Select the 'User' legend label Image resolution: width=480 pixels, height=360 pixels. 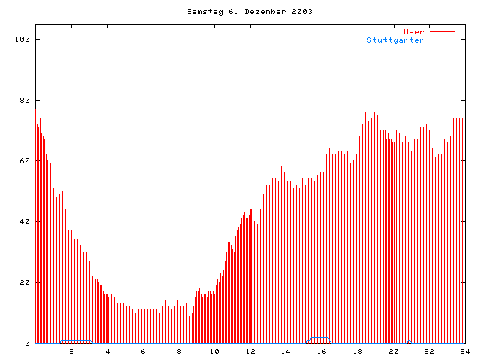[414, 31]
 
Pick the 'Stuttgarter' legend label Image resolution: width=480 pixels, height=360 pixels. [395, 40]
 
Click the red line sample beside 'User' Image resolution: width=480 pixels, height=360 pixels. [442, 31]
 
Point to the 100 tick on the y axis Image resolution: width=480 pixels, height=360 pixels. [25, 39]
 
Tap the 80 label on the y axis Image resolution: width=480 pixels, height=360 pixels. [26, 100]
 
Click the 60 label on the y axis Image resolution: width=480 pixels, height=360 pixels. [26, 160]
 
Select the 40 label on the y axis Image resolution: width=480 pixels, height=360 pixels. [26, 221]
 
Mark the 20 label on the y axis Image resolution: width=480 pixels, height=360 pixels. [26, 282]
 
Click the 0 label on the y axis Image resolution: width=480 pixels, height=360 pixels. [28, 343]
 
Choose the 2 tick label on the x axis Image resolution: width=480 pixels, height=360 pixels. [72, 351]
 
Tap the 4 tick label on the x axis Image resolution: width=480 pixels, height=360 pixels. [107, 351]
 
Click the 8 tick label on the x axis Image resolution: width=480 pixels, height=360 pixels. [178, 351]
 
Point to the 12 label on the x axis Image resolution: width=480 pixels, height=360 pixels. [250, 351]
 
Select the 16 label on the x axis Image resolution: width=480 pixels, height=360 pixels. [322, 351]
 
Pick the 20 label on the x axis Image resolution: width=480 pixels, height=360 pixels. [393, 351]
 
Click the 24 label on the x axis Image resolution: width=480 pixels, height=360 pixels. [464, 351]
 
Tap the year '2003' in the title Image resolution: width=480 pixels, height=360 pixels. [303, 12]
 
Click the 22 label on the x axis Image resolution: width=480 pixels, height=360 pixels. [429, 351]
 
